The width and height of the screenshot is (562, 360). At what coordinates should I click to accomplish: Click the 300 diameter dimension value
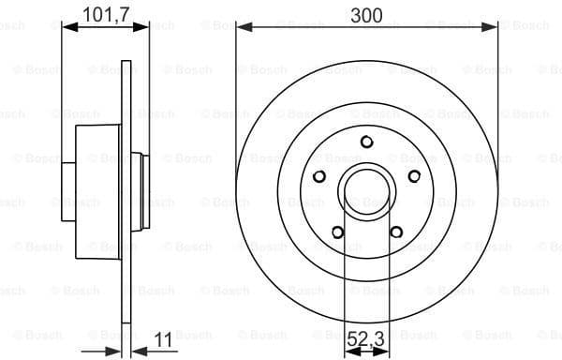pos(366,14)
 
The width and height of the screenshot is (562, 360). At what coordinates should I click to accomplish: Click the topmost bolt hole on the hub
pos(366,142)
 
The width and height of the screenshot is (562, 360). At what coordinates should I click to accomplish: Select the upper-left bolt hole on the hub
pos(319,176)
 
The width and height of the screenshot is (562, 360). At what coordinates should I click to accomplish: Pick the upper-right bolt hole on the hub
pos(413,176)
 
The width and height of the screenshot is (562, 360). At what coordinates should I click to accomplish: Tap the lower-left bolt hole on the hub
pos(337,232)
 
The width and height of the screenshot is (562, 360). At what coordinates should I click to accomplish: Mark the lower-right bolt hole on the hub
pos(395,232)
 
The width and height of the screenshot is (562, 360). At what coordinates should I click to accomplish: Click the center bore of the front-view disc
pos(366,191)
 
